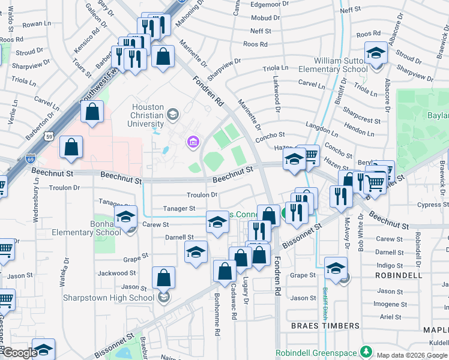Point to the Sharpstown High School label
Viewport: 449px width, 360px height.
(109, 298)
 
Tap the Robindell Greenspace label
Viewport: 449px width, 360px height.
(316, 352)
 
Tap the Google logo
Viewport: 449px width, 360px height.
(19, 353)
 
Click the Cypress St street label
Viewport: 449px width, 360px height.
(430, 205)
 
